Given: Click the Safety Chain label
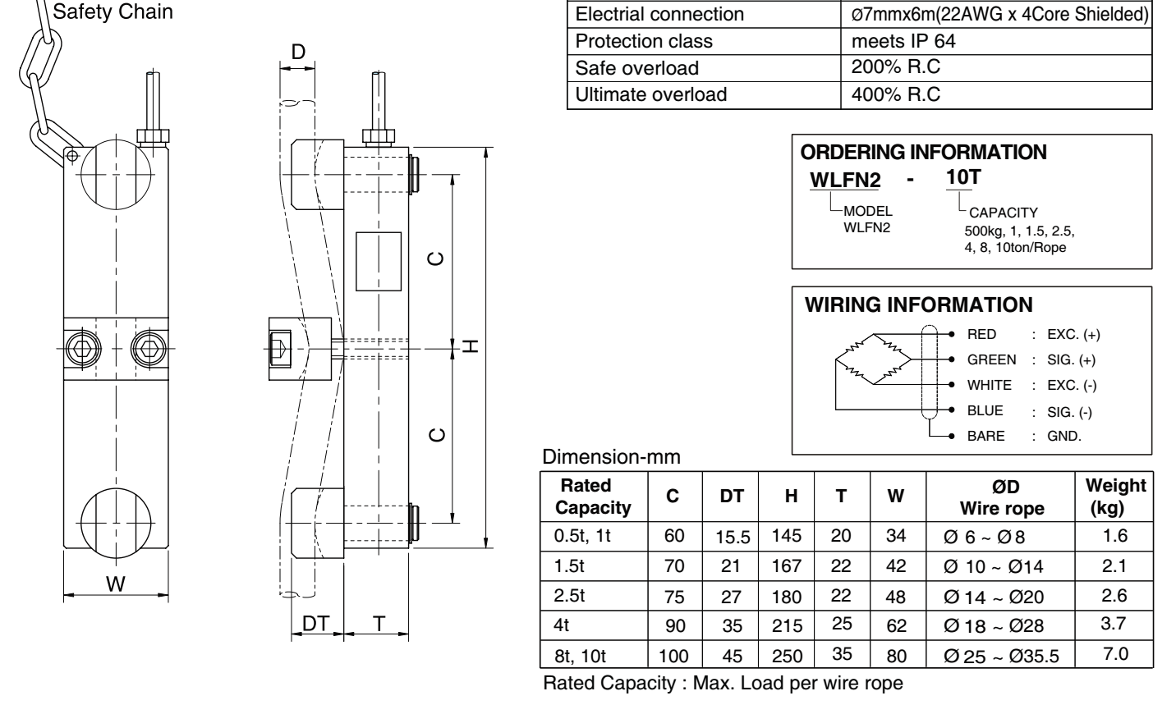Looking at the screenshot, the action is pos(113,11).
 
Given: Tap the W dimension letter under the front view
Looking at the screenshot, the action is pos(116,584).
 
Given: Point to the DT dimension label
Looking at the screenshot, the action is pos(316,623).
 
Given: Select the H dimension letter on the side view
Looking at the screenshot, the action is pos(471,346).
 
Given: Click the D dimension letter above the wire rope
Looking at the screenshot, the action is pos(297,52).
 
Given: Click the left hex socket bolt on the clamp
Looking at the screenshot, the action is pos(84,348).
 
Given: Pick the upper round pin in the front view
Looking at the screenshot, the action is pos(116,174).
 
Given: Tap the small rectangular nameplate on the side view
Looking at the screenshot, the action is pos(379,261).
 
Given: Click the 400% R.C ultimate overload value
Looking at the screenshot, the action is pos(896,94).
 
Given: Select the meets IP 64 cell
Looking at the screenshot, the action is pos(903,41).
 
